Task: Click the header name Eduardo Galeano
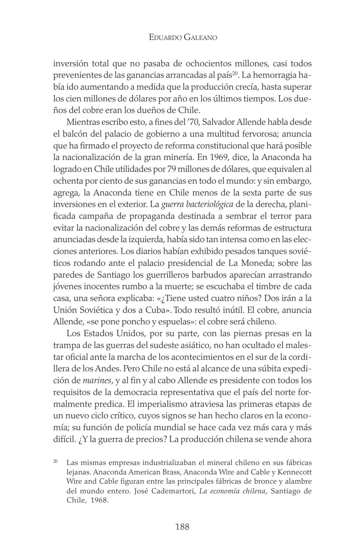click(x=183, y=37)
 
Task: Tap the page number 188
click(x=182, y=526)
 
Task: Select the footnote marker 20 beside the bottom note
click(x=55, y=461)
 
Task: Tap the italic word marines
click(x=97, y=381)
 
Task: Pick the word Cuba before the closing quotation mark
click(x=155, y=310)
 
